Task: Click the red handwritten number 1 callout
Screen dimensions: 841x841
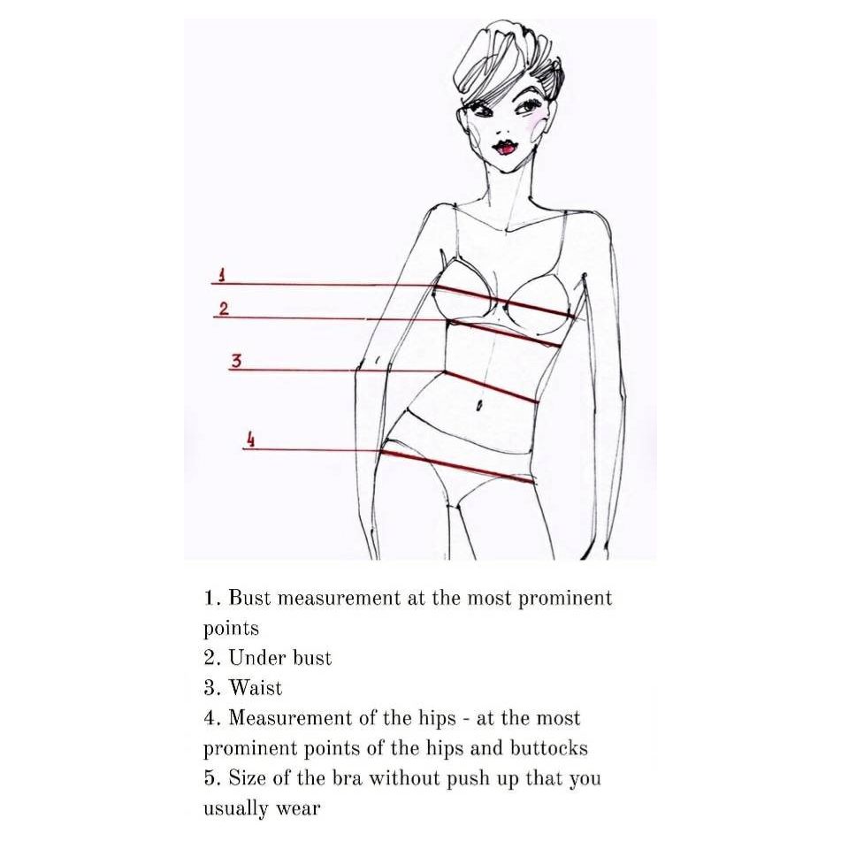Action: coord(222,276)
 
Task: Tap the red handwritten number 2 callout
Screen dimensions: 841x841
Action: coord(224,309)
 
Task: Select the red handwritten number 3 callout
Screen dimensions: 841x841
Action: coord(236,361)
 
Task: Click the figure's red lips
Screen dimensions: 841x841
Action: coord(505,147)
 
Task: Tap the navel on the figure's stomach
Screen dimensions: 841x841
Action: coord(479,407)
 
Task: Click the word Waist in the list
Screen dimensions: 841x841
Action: coord(256,688)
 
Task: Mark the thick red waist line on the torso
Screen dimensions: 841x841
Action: coord(492,386)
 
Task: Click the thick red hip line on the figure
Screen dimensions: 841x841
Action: coord(458,468)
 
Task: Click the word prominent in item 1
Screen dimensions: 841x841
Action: coord(565,599)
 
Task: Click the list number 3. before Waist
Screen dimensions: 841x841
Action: coord(213,688)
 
